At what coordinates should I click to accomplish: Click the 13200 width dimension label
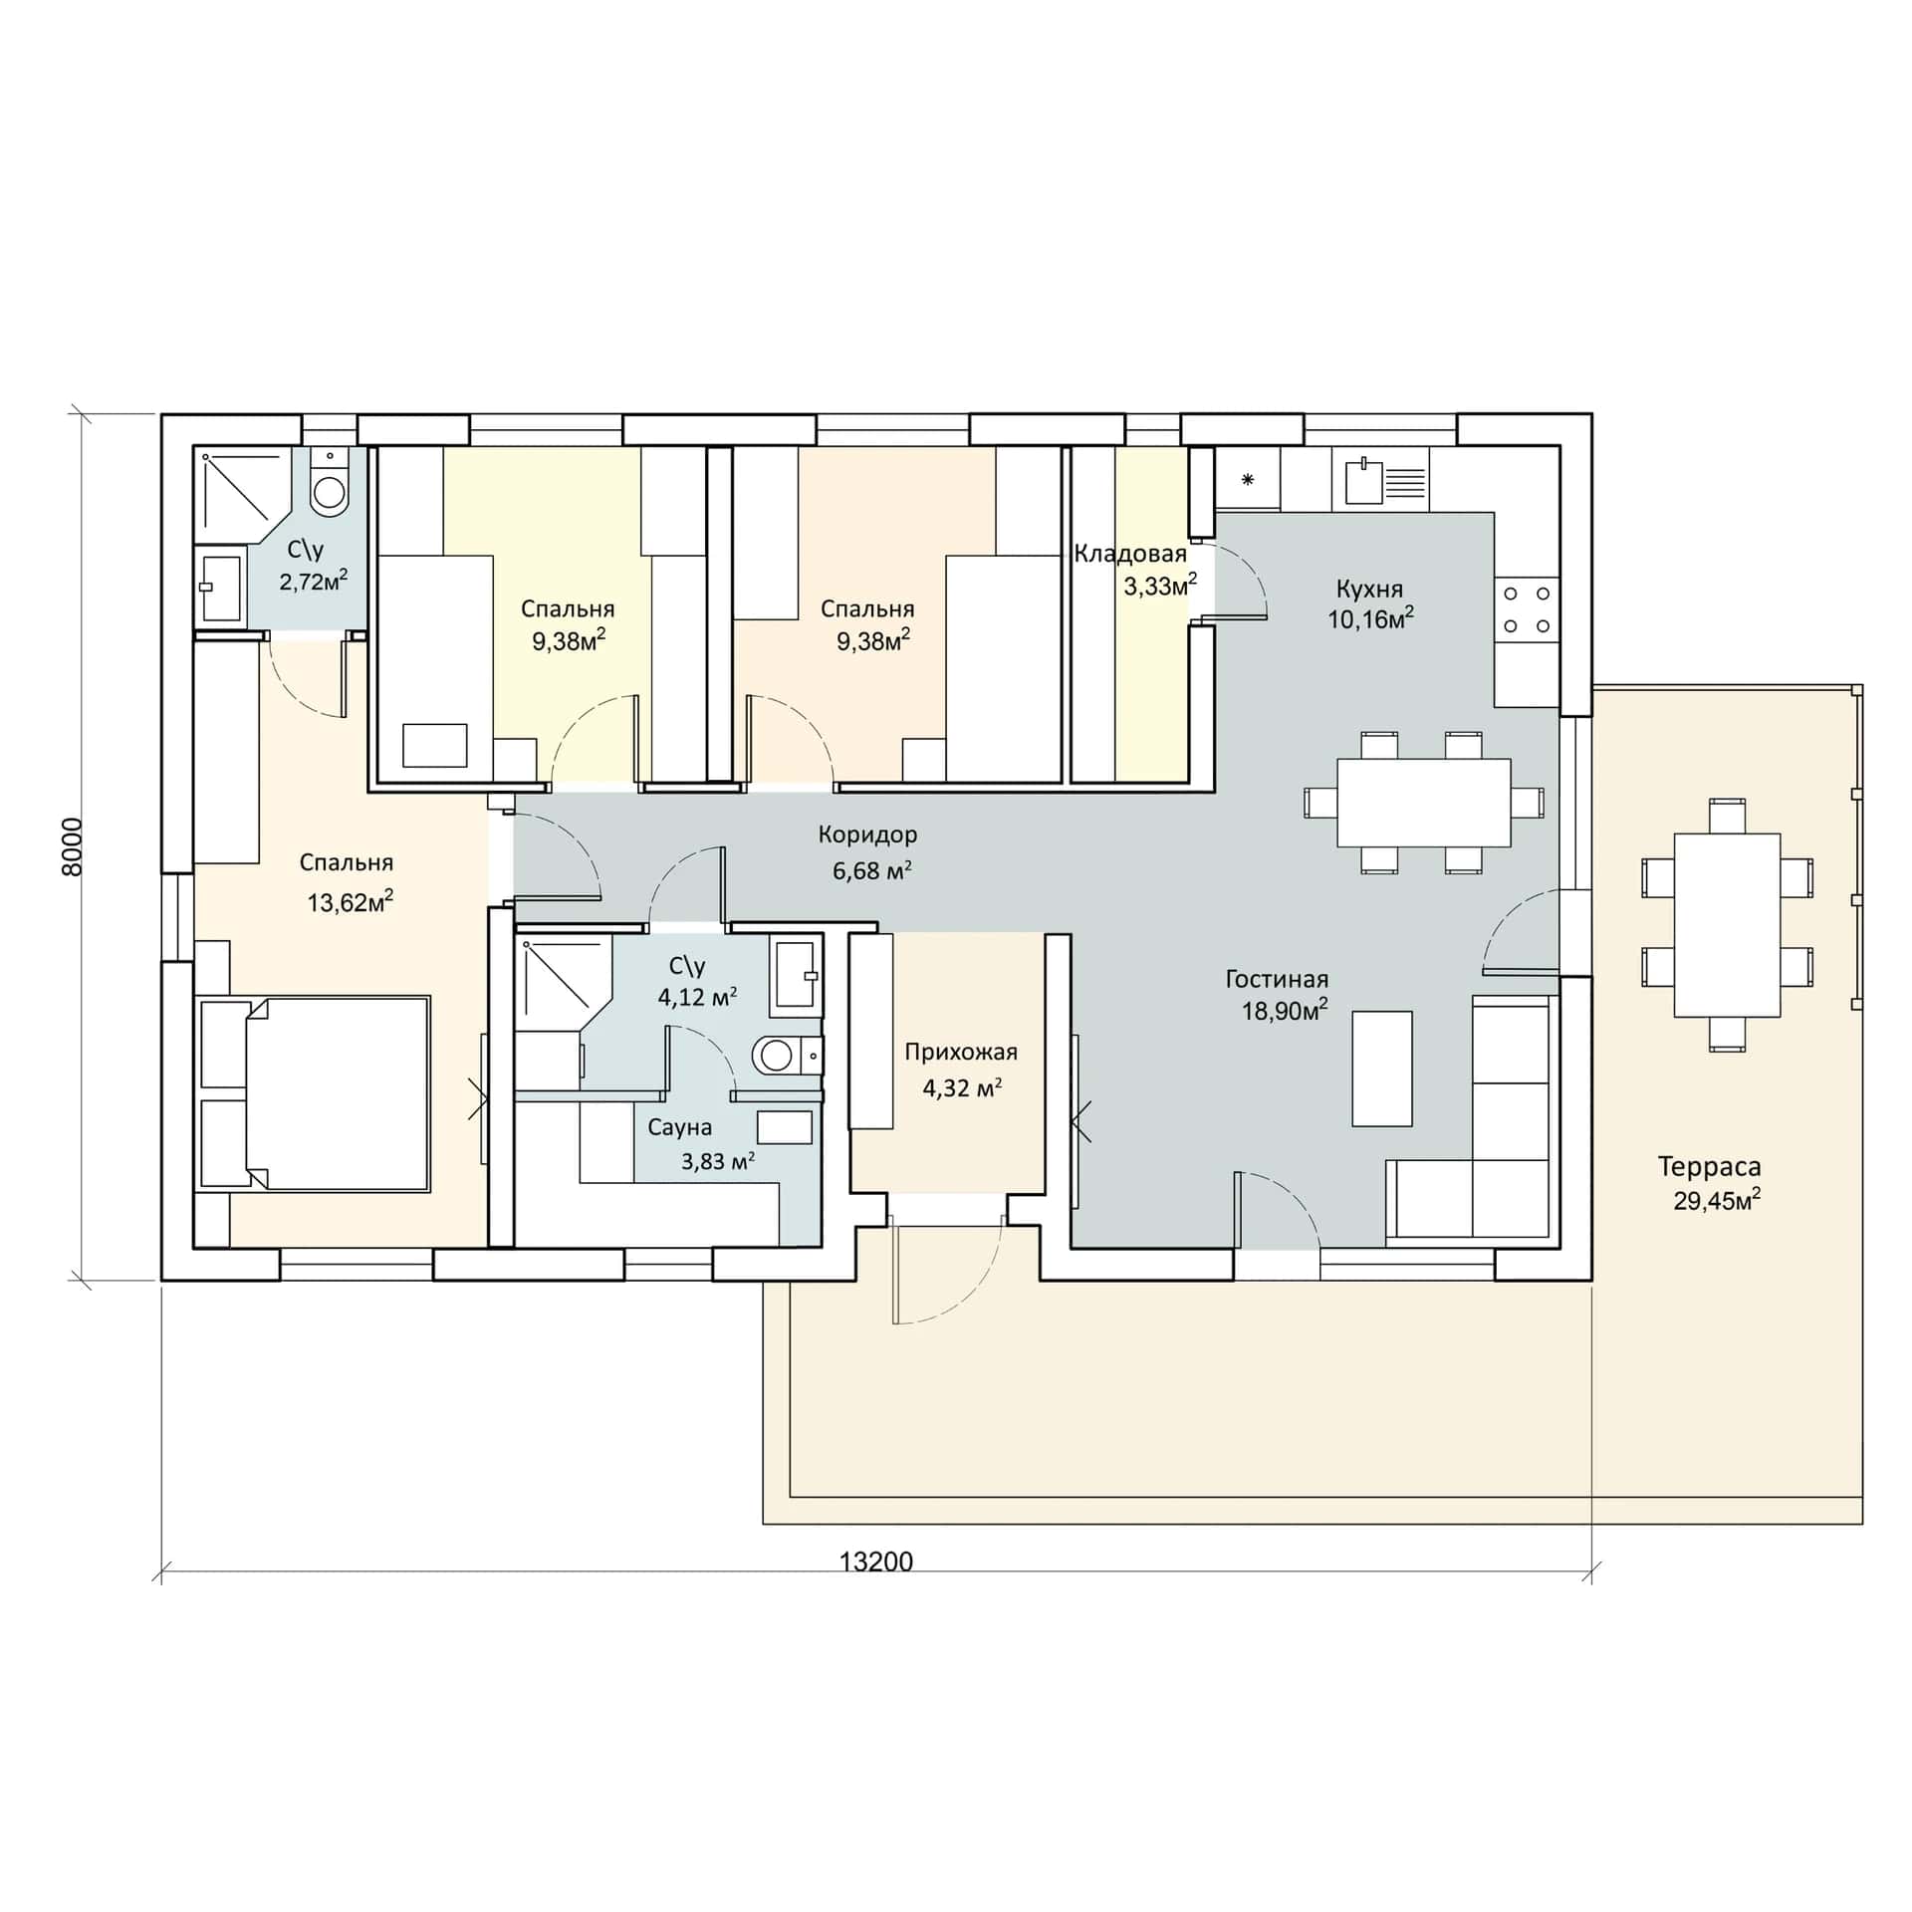click(x=876, y=1560)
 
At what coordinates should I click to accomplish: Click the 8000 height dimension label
click(x=73, y=846)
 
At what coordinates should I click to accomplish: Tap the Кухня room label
click(x=1370, y=588)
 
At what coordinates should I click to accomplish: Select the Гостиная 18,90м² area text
click(x=1285, y=1011)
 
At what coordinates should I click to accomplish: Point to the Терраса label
click(x=1709, y=1166)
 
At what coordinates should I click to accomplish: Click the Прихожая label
click(x=961, y=1052)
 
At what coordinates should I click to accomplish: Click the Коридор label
click(x=867, y=835)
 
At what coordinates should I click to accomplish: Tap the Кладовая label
click(x=1130, y=554)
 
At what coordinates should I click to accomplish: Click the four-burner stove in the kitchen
click(x=1527, y=609)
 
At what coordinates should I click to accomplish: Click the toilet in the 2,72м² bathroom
click(x=329, y=483)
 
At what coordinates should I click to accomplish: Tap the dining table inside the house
click(x=1424, y=803)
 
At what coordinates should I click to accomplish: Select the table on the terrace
click(x=1727, y=925)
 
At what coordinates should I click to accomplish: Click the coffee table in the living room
click(x=1381, y=1069)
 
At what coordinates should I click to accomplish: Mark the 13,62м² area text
click(x=350, y=902)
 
